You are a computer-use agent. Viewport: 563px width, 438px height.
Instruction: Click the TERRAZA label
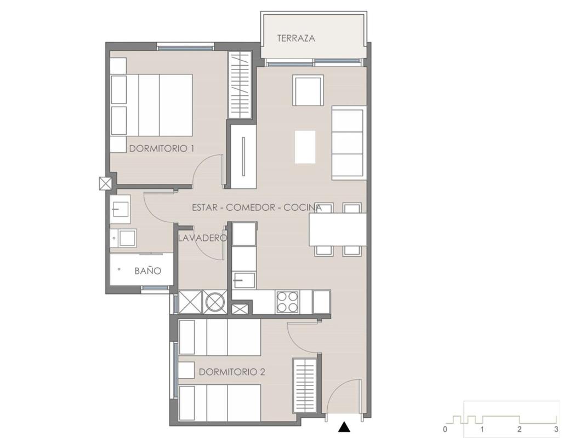(x=296, y=38)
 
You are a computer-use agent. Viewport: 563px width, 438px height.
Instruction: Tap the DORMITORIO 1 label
(x=162, y=148)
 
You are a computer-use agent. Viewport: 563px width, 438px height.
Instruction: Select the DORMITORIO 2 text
(x=231, y=372)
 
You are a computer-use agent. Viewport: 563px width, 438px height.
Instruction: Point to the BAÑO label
(x=148, y=271)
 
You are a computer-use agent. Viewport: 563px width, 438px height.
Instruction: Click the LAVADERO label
(x=203, y=238)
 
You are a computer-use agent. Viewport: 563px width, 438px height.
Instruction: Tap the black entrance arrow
(x=344, y=427)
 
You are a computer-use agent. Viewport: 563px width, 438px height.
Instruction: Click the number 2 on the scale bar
(x=519, y=429)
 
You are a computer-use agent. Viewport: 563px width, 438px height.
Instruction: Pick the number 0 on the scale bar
(x=445, y=429)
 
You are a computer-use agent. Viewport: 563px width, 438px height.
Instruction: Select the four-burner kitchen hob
(x=287, y=302)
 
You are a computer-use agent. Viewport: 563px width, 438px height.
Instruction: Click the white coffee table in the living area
(x=305, y=147)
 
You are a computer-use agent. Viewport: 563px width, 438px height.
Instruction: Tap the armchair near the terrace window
(x=308, y=90)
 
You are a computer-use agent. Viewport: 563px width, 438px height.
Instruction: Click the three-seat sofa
(x=349, y=142)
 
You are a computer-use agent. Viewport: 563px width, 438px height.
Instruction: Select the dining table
(x=338, y=229)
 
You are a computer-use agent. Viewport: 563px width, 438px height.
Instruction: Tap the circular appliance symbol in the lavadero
(x=215, y=301)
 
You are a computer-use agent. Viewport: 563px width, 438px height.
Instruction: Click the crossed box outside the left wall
(x=105, y=183)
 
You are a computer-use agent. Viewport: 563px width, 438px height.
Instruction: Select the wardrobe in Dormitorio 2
(x=304, y=385)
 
